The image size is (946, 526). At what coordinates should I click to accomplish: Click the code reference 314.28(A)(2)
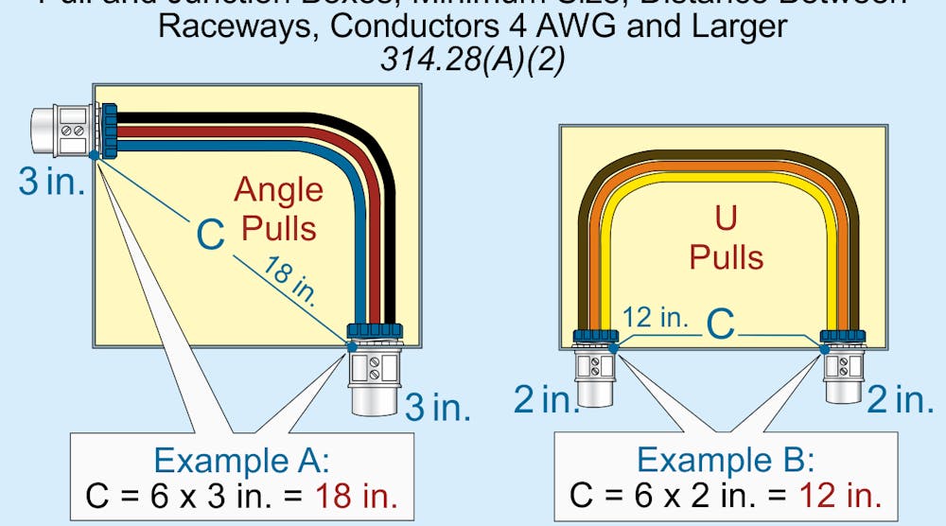coord(472,59)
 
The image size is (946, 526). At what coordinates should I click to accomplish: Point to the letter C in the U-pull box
coord(721,324)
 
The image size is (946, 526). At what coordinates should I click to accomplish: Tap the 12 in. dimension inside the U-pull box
coord(657,318)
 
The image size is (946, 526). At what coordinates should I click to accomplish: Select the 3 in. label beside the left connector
coord(51,182)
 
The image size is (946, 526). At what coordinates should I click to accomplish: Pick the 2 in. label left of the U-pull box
coord(547,399)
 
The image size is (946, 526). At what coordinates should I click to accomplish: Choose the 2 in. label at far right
coord(900,399)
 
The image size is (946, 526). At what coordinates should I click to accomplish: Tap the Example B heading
coord(725,461)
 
